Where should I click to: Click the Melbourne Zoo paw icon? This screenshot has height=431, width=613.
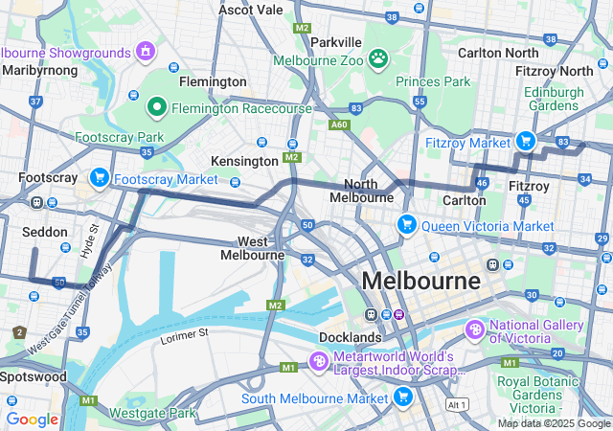(379, 59)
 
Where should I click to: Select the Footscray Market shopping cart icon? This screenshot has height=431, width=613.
(99, 178)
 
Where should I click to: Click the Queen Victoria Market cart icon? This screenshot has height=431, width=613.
(407, 225)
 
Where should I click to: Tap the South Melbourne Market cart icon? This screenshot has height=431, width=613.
(402, 397)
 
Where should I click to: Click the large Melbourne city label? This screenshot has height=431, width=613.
(421, 282)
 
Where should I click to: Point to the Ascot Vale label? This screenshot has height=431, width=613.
(251, 10)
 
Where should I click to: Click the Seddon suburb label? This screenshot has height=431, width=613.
(44, 232)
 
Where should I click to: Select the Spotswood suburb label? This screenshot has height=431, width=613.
(34, 376)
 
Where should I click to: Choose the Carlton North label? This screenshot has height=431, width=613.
(498, 53)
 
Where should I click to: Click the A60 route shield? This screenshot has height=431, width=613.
(338, 124)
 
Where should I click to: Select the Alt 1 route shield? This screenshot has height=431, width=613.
(457, 405)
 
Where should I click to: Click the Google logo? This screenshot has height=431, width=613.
(32, 419)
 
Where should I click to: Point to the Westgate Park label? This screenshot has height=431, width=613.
(153, 413)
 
